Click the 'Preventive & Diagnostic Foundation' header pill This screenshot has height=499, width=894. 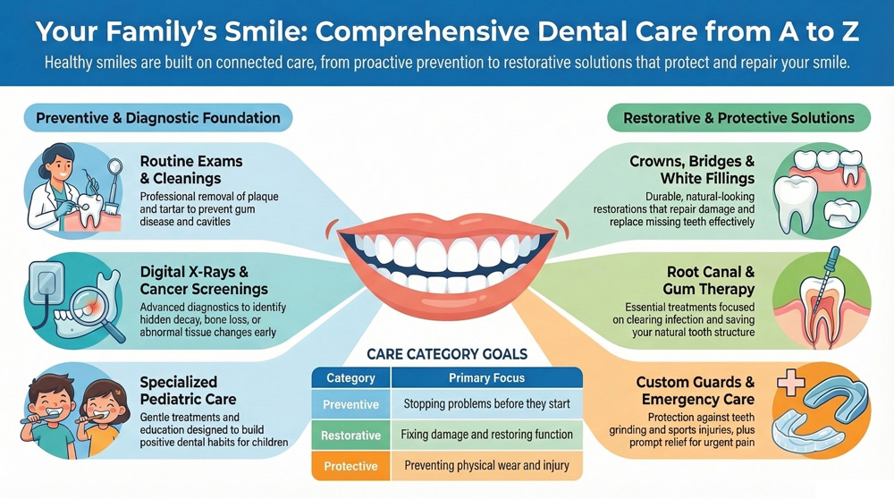point(158,117)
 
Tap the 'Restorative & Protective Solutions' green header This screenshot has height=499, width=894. point(738,117)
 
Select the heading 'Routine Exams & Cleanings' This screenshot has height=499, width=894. point(191,169)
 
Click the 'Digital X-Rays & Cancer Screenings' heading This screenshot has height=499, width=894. point(204,281)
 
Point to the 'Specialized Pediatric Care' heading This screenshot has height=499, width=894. point(192,392)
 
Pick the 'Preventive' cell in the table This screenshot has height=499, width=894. point(350,404)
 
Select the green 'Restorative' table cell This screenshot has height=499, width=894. point(350,436)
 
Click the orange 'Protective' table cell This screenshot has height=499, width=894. point(350,466)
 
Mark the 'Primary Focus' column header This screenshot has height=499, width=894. point(486,377)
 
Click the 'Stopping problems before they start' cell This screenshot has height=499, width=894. point(486,404)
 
